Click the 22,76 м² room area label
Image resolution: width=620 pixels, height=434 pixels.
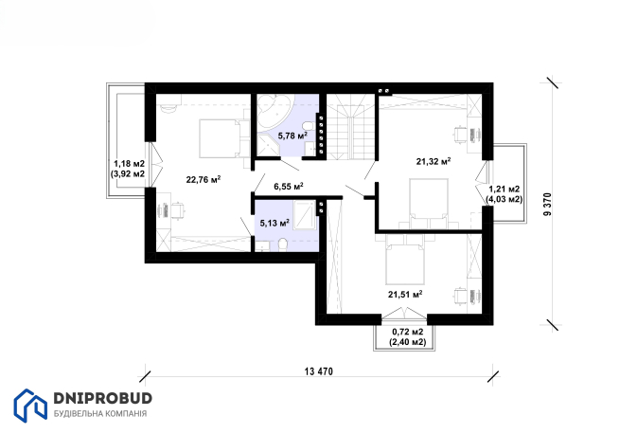204,180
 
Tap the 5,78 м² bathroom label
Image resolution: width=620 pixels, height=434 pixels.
292,136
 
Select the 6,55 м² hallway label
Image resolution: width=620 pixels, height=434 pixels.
289,186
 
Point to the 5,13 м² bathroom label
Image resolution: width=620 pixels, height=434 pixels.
275,223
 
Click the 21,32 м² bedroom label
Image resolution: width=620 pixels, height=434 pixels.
434,161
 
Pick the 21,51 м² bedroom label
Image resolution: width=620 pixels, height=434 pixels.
405,294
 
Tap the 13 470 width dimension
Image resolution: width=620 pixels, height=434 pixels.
319,371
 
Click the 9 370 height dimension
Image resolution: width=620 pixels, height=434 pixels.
547,204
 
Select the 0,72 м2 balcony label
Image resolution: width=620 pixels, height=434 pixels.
408,332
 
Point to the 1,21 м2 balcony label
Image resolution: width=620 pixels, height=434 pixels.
505,190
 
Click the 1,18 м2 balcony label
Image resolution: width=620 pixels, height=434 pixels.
130,164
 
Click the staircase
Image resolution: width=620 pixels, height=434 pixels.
350,126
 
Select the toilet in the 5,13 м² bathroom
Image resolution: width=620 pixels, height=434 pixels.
283,245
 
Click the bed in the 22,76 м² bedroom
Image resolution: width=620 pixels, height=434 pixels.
221,138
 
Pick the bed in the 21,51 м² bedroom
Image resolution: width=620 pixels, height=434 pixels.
405,263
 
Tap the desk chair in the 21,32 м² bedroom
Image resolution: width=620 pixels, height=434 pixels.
460,135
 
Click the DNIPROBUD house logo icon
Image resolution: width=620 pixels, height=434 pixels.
30,406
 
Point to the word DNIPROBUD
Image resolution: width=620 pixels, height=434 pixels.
103,398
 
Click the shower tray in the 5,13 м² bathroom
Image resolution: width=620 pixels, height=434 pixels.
305,215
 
